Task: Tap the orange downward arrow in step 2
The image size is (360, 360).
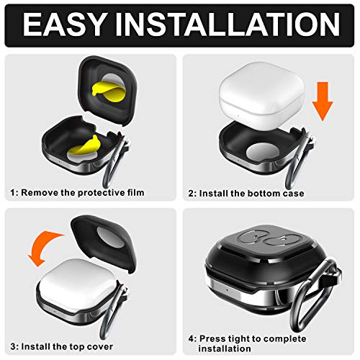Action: tap(323, 102)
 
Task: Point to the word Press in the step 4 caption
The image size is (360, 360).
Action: tap(212, 338)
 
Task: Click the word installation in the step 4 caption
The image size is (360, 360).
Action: tap(225, 348)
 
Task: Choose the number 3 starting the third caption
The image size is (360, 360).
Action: tap(14, 347)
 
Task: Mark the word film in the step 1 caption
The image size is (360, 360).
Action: tap(135, 192)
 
